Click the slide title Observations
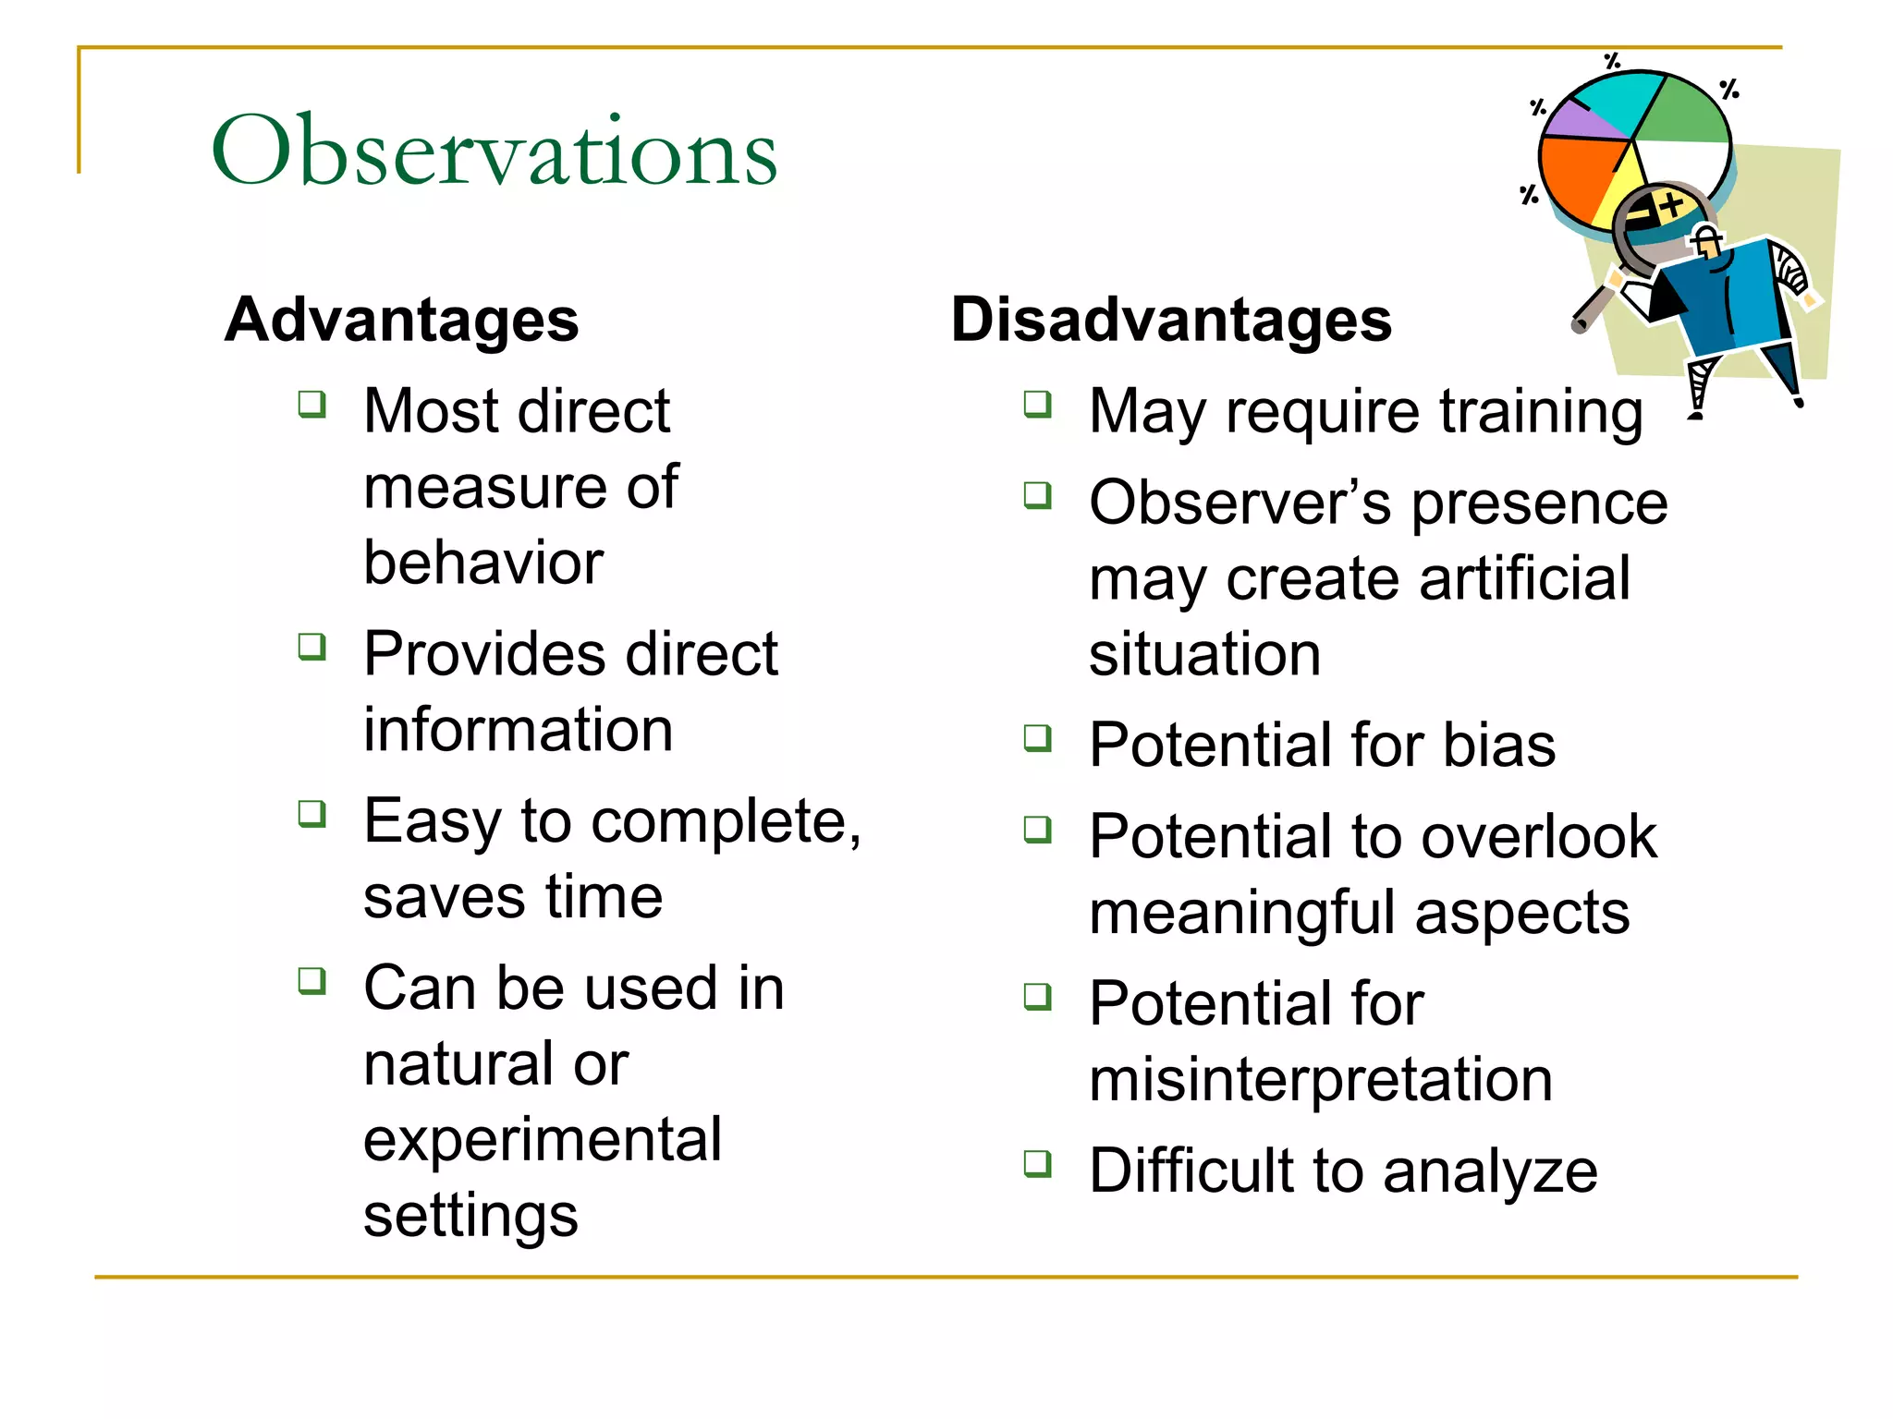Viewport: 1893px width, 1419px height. click(494, 151)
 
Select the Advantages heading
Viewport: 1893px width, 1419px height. click(401, 320)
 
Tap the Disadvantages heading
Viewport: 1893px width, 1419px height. click(1171, 320)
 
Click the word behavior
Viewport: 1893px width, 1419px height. click(483, 563)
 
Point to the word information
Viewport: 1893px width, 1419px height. click(518, 730)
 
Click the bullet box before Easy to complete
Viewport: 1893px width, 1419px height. click(312, 814)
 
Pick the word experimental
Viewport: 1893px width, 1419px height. click(543, 1140)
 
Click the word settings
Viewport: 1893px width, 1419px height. click(470, 1216)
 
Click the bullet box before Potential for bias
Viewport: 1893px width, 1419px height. click(1038, 738)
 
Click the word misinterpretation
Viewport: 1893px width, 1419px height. click(1320, 1079)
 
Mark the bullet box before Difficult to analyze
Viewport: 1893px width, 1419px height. click(1038, 1163)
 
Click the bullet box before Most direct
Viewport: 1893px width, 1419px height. click(312, 404)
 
